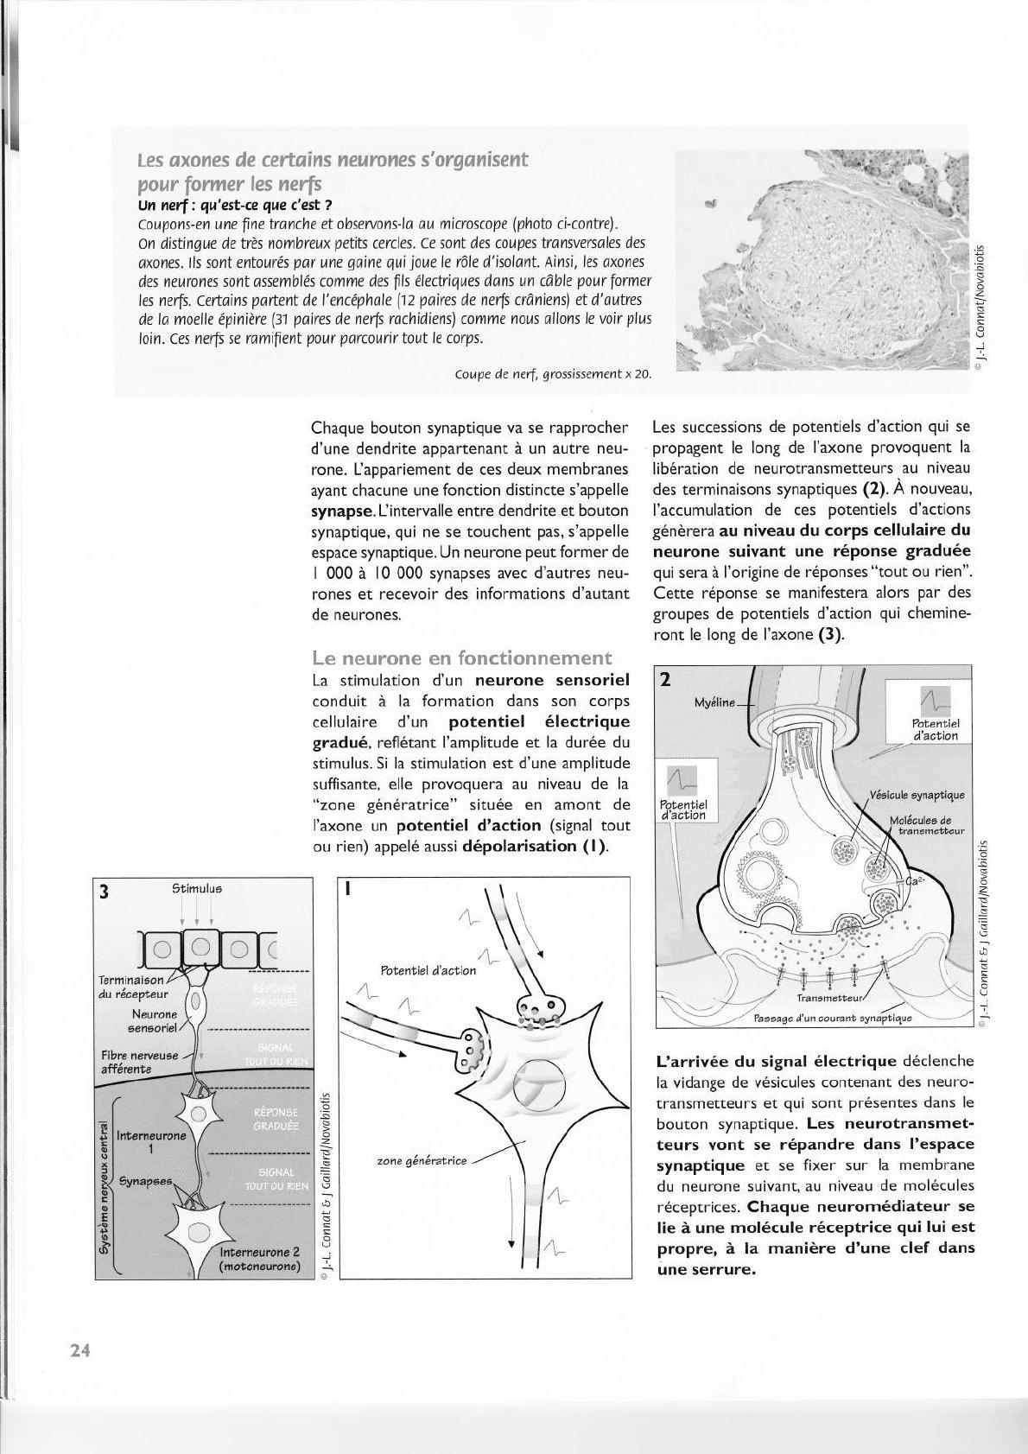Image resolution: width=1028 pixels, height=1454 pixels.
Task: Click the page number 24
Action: [x=81, y=1350]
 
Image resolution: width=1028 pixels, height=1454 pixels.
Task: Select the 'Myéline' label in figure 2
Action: [x=714, y=702]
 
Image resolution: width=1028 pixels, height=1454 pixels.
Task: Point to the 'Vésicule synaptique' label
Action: [x=917, y=795]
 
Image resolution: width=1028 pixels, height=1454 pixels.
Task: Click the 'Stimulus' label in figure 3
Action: [x=197, y=888]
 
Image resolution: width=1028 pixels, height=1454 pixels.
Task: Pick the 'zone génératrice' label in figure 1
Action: [x=422, y=1160]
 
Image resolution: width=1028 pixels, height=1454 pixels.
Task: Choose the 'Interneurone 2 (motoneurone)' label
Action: [x=259, y=1260]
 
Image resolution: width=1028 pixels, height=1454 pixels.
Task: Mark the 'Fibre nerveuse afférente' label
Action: [x=140, y=1062]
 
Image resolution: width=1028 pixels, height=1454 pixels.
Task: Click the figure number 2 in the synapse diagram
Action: [x=665, y=679]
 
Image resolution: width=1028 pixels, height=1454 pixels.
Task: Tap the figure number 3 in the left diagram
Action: [x=105, y=893]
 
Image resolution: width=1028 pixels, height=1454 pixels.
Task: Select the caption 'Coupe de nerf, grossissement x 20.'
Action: [x=553, y=374]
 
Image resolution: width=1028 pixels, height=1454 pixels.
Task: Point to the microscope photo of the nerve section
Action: [x=821, y=260]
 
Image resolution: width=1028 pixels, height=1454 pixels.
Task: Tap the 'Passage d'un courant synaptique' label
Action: [x=833, y=1018]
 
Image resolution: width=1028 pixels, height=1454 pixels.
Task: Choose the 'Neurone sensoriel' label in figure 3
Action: [x=155, y=1020]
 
